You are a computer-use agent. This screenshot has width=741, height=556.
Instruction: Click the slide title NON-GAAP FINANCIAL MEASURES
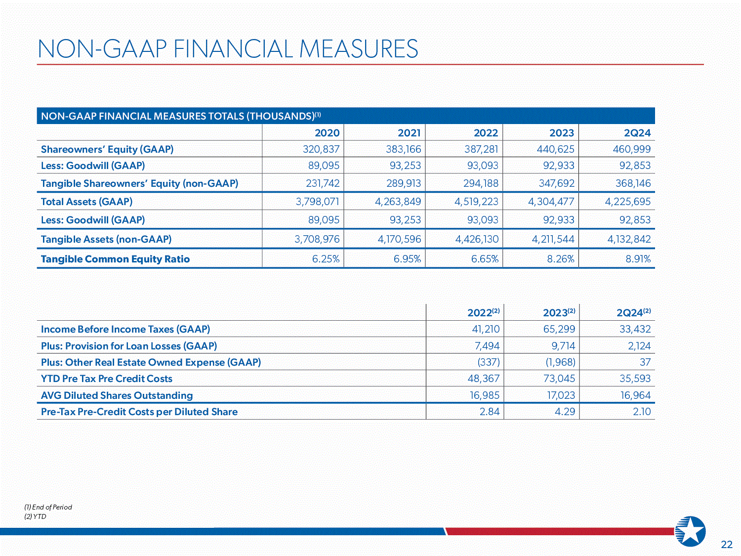pyautogui.click(x=228, y=49)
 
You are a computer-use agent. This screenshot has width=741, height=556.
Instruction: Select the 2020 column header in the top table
pyautogui.click(x=327, y=133)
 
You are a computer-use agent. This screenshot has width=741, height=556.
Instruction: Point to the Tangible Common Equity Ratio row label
pyautogui.click(x=115, y=259)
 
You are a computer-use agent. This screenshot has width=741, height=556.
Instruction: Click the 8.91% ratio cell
pyautogui.click(x=638, y=259)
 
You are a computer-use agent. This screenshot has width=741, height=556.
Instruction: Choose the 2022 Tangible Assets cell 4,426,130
pyautogui.click(x=477, y=239)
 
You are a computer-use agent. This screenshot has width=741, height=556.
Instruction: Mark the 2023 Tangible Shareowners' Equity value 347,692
pyautogui.click(x=556, y=183)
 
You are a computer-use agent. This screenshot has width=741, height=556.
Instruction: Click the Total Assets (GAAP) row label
pyautogui.click(x=86, y=202)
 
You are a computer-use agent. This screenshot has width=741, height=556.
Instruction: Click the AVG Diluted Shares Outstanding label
pyautogui.click(x=117, y=395)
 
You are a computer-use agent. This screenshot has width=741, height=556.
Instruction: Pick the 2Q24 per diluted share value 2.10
pyautogui.click(x=642, y=412)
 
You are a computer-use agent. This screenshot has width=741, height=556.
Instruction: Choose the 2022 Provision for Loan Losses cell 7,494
pyautogui.click(x=487, y=346)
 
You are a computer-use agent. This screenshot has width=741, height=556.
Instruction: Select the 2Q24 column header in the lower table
pyautogui.click(x=633, y=312)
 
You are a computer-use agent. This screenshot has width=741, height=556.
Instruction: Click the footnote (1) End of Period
pyautogui.click(x=48, y=507)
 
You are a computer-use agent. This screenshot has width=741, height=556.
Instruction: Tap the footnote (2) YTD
pyautogui.click(x=36, y=516)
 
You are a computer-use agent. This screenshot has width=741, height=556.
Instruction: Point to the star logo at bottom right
pyautogui.click(x=691, y=532)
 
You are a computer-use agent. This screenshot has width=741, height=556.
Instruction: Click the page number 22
pyautogui.click(x=727, y=545)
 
